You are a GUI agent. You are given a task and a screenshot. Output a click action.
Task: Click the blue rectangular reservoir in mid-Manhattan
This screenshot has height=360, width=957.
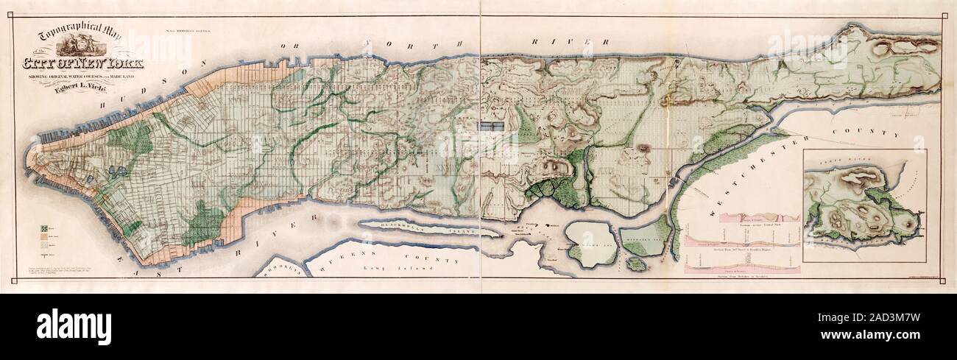point(492,127)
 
